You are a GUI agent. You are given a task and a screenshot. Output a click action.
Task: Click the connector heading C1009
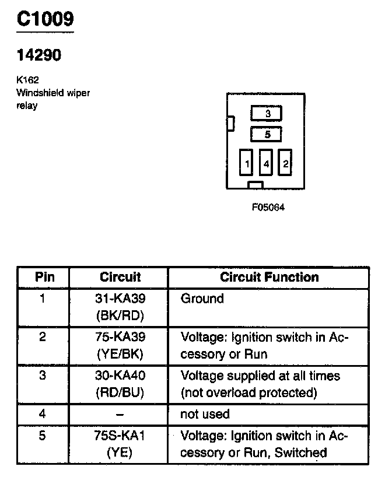coord(45,20)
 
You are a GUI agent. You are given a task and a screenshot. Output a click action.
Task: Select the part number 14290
coord(38,55)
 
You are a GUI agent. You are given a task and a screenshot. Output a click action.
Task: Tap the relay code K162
coord(27,80)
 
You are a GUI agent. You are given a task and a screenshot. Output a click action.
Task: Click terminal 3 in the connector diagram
coord(267,113)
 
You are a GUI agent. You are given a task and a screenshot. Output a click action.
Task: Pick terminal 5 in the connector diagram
coord(267,135)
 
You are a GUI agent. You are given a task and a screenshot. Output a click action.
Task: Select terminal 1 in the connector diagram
coord(247,164)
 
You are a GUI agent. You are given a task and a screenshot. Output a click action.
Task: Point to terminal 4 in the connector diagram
coord(266,164)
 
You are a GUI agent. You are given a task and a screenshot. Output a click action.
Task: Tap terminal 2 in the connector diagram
coord(285,164)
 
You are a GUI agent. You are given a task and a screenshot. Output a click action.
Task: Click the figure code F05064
coord(268,207)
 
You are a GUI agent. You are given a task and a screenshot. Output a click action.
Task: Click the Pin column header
coord(44,277)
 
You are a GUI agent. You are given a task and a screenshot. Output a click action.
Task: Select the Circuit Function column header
coord(269,277)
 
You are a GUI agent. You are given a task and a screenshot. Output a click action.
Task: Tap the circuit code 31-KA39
coord(120,299)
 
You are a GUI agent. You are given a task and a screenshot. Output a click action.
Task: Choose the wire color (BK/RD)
coord(120,315)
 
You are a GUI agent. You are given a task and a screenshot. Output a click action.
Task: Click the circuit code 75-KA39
coord(120,338)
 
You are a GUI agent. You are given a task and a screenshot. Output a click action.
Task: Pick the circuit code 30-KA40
coord(120,376)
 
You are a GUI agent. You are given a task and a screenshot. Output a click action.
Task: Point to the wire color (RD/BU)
coord(120,392)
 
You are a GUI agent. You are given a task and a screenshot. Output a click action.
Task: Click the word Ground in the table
coord(202,299)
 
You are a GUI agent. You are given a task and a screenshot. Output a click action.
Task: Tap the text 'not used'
coord(205,414)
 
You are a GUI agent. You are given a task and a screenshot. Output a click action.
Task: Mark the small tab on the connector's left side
coord(230,123)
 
